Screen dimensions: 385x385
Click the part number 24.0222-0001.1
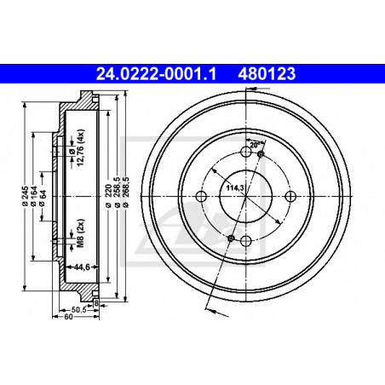point(156,73)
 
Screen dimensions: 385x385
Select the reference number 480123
point(267,73)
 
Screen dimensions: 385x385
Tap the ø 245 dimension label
point(25,196)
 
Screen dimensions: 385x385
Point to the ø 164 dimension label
point(34,196)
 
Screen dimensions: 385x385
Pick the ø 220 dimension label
point(108,196)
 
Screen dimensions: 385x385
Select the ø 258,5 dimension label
point(117,192)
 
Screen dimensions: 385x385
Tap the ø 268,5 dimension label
point(126,192)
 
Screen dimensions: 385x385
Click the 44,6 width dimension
point(82,267)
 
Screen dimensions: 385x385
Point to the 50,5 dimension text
point(78,310)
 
